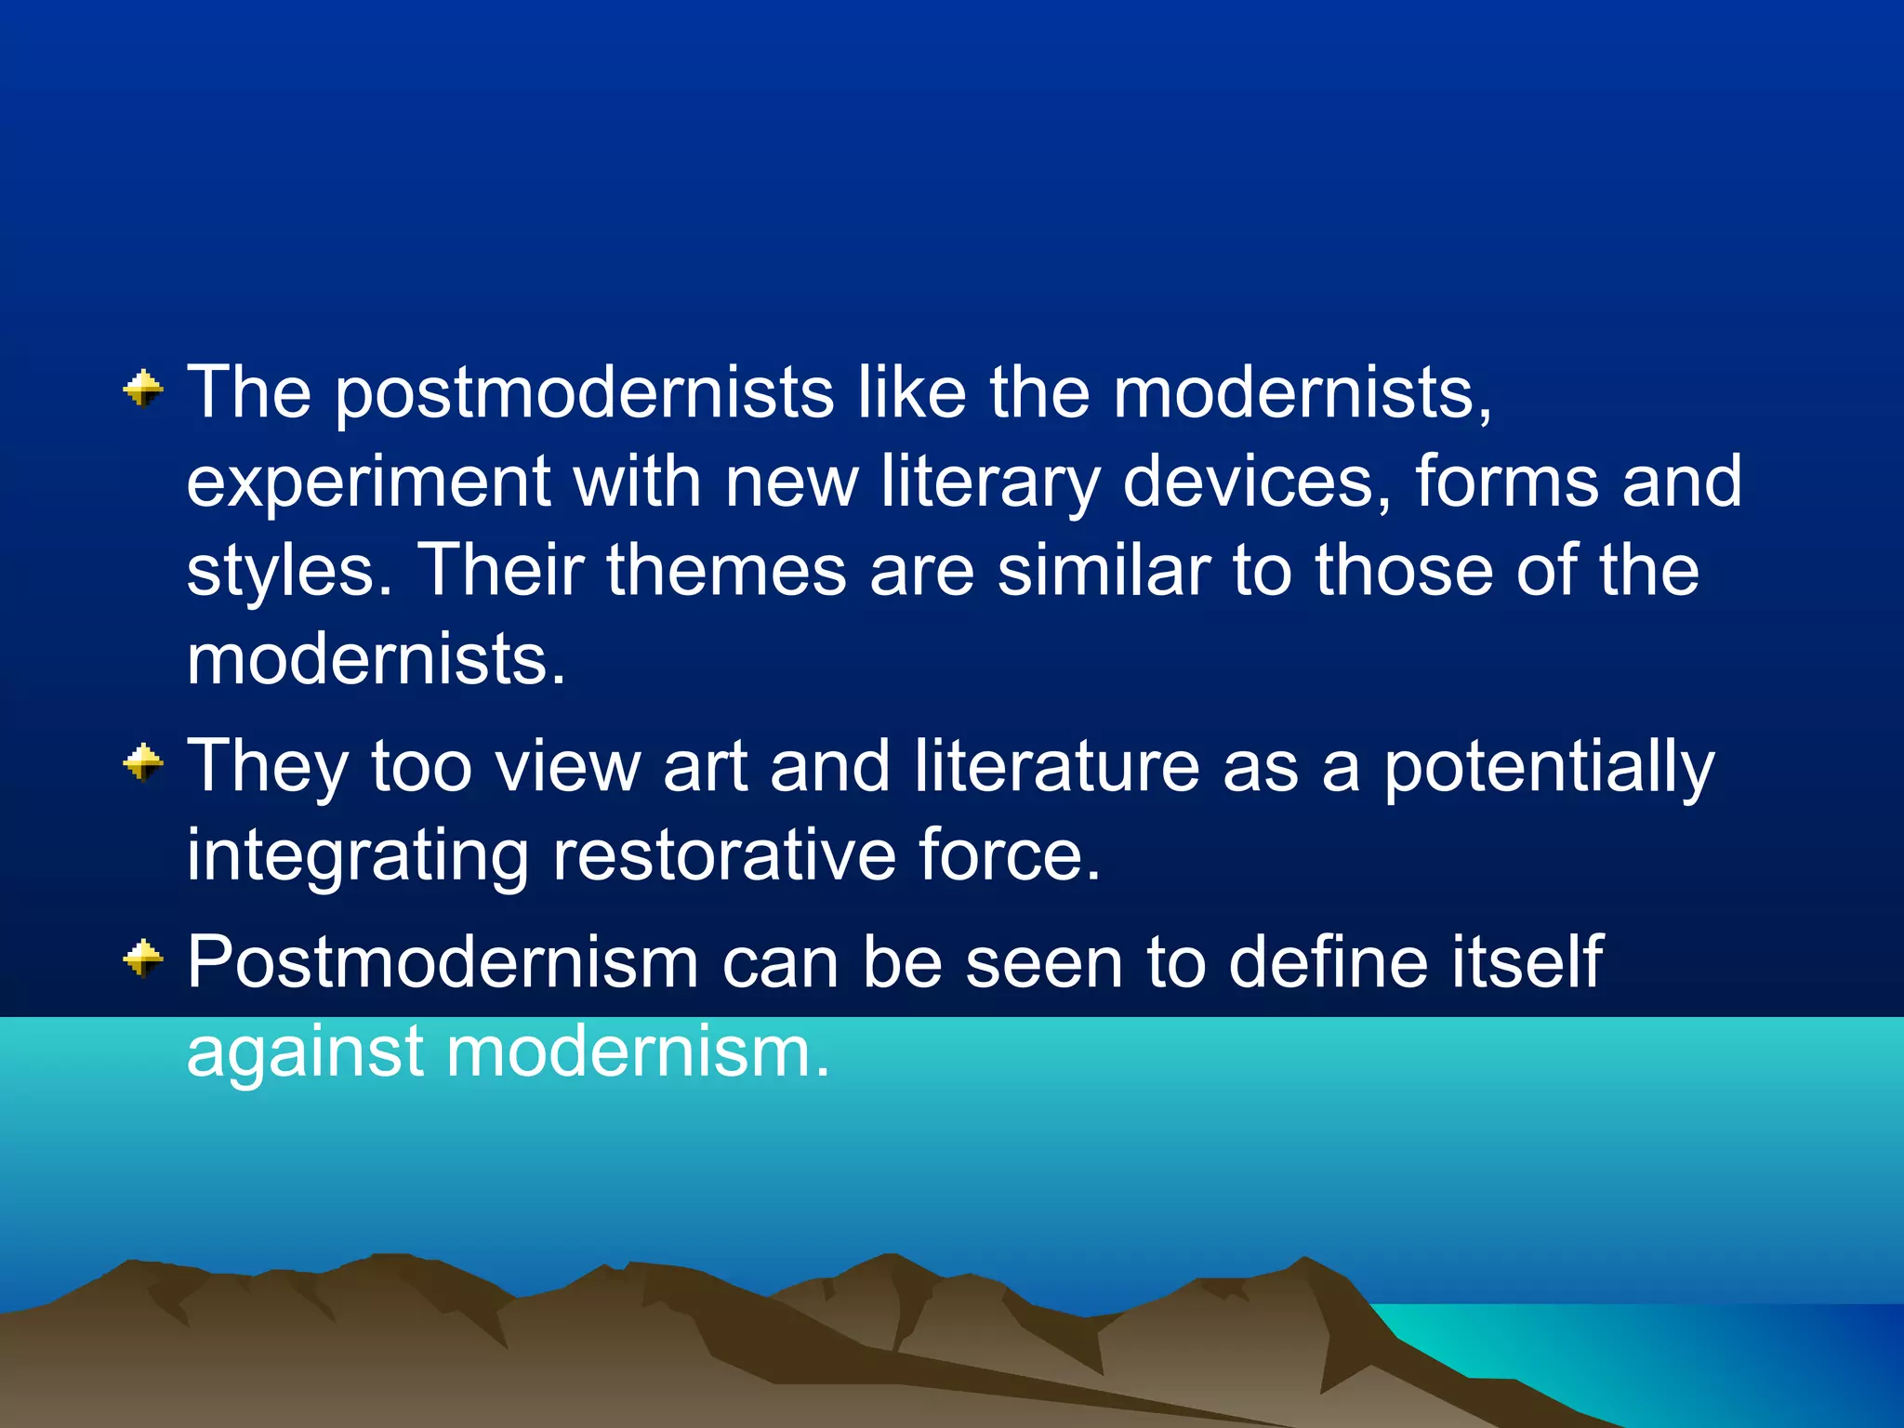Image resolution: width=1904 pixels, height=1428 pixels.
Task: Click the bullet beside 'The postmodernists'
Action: tap(143, 389)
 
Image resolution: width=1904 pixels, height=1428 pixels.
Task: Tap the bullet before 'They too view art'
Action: tap(143, 763)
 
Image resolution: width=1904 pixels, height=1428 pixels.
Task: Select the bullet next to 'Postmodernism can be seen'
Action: tap(143, 959)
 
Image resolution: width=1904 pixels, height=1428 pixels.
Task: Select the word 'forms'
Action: tap(1507, 482)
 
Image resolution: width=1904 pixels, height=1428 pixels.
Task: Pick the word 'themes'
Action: tap(726, 569)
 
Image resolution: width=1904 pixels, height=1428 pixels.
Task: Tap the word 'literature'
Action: tap(1056, 766)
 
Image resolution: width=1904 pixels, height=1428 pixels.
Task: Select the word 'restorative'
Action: tap(724, 855)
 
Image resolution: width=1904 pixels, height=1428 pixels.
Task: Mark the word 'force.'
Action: tap(1010, 855)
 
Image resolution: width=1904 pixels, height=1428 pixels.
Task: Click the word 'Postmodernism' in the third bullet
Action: tap(443, 961)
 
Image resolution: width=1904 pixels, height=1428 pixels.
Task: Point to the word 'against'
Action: tap(306, 1052)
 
